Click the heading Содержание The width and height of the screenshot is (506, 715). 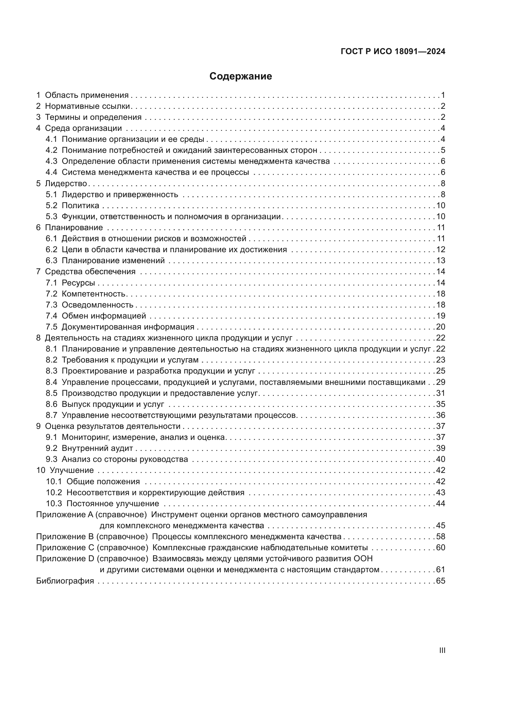coord(240,76)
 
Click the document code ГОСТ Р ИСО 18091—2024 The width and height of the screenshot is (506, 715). coord(393,51)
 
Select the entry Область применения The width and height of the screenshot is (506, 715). coord(87,95)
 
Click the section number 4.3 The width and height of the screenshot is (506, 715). coord(51,161)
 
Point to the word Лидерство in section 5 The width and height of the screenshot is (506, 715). coord(66,183)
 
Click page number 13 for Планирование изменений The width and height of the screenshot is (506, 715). coord(441,261)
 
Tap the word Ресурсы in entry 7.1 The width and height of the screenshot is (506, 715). coord(78,283)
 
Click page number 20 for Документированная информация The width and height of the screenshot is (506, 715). coord(441,327)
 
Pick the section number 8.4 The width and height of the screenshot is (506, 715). coord(51,382)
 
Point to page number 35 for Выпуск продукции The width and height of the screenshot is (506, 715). coord(441,404)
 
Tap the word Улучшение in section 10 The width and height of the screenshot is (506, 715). coord(72,470)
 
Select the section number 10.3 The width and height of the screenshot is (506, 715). coord(54,503)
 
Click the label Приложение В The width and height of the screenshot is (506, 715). coord(65,536)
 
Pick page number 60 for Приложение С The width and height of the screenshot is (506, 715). coord(441,548)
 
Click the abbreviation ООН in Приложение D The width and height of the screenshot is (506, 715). coord(363,559)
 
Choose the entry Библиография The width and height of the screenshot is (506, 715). coord(65,581)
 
